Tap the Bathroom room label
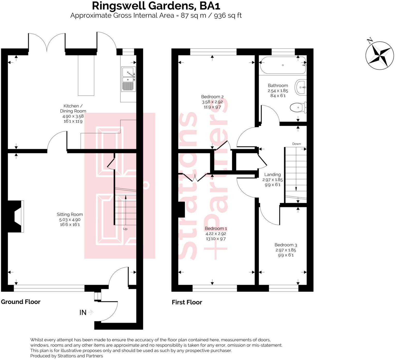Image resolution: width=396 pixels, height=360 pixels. (x=278, y=86)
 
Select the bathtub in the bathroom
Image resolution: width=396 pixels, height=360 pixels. (x=283, y=65)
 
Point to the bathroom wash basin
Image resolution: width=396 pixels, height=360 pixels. (x=301, y=87)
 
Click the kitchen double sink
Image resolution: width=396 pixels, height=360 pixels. (x=128, y=79)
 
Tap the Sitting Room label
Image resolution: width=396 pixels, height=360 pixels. (x=70, y=214)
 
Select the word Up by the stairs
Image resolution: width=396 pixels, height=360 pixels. (x=125, y=229)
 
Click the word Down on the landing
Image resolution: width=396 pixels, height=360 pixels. (x=296, y=144)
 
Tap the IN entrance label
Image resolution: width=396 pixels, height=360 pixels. (x=83, y=313)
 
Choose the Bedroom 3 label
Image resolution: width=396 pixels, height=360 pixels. (x=286, y=245)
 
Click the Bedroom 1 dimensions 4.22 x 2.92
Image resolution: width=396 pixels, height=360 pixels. (x=216, y=234)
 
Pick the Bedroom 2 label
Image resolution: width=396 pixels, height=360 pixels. (x=212, y=97)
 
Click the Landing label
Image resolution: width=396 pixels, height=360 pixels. (x=272, y=175)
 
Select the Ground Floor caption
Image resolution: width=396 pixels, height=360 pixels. (x=21, y=302)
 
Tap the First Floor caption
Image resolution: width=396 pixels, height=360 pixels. (x=187, y=302)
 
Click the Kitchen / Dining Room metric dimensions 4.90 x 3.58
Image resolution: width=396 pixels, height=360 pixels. (x=73, y=116)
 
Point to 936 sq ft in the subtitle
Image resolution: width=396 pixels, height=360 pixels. (x=228, y=16)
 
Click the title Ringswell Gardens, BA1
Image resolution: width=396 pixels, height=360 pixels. (x=156, y=6)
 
